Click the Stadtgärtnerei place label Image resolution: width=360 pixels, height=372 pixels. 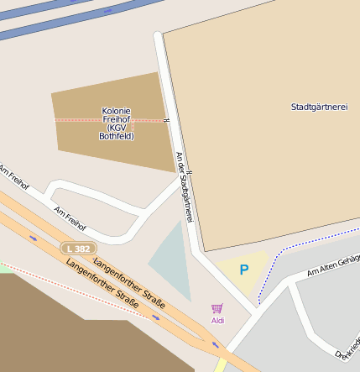click(x=319, y=107)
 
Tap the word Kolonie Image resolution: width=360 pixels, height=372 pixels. click(x=116, y=111)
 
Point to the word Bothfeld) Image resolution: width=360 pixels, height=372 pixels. click(x=116, y=136)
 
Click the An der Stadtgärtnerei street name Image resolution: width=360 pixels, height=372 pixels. click(x=185, y=186)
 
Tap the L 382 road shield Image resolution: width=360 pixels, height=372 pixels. click(x=78, y=249)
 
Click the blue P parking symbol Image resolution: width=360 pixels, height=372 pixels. click(x=244, y=270)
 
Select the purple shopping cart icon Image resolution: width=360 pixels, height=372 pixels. click(x=217, y=309)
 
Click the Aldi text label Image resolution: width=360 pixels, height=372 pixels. click(x=217, y=321)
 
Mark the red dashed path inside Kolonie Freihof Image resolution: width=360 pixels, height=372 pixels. click(x=84, y=120)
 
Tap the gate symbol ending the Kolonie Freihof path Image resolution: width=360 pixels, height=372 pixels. click(x=166, y=121)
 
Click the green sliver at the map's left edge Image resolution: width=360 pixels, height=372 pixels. click(x=4, y=269)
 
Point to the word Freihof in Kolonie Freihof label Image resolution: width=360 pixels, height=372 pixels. click(x=116, y=119)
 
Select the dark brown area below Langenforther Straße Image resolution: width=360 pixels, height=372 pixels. click(x=59, y=327)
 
